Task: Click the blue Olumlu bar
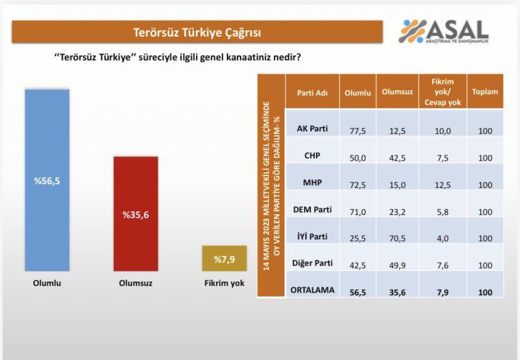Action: (47, 180)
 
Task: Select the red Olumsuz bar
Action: (136, 214)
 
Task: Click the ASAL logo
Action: (445, 31)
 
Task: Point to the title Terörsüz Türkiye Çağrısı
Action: (197, 32)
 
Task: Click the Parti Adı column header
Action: (312, 92)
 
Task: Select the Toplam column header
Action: (485, 92)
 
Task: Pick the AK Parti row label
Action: (312, 130)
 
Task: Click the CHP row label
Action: (312, 157)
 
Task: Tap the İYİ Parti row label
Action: (312, 238)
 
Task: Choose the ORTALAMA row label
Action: (312, 292)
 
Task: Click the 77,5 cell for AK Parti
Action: (357, 131)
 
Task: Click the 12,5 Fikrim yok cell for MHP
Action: (443, 184)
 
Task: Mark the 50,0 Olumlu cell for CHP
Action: (357, 158)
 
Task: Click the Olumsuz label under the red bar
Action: (136, 283)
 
